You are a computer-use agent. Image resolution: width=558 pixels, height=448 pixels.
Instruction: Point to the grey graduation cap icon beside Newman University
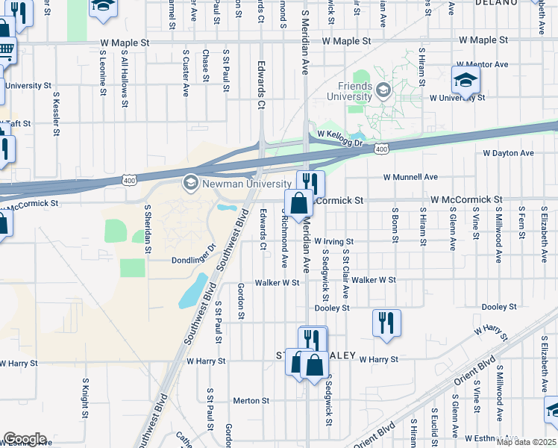point(190,182)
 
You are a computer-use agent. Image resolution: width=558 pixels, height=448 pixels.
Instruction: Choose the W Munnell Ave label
point(410,177)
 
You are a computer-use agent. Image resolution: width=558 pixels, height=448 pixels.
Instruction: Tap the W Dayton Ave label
point(508,153)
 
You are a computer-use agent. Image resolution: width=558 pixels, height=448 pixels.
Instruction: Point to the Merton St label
point(251,401)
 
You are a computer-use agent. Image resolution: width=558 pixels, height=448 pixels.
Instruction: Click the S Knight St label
point(85,398)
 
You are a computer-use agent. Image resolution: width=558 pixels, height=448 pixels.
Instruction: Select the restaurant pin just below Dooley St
point(386,323)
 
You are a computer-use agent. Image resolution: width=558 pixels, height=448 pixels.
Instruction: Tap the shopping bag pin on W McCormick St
point(298,203)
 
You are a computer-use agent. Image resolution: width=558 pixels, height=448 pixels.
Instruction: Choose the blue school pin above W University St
point(465,80)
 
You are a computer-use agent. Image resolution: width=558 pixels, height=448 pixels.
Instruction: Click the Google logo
point(25,438)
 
